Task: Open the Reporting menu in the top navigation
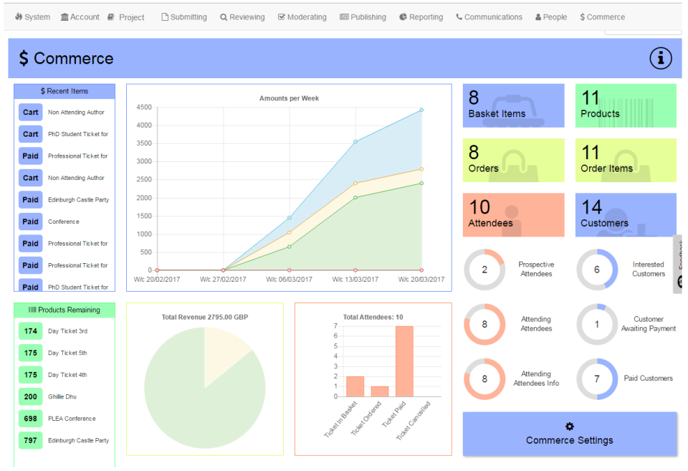[x=421, y=17]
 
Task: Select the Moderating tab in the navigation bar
[x=302, y=17]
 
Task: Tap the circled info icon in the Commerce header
[x=661, y=59]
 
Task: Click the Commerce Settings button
[x=570, y=434]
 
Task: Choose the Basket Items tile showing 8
[x=513, y=105]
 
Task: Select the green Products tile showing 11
[x=625, y=105]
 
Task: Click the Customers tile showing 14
[x=625, y=215]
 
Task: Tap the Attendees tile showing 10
[x=513, y=215]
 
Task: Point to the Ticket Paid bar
[x=404, y=361]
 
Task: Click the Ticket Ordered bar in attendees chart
[x=380, y=391]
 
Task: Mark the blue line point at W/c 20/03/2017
[x=421, y=110]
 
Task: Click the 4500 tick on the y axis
[x=143, y=108]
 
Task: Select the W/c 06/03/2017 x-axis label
[x=289, y=280]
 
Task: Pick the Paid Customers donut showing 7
[x=597, y=379]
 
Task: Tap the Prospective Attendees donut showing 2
[x=484, y=270]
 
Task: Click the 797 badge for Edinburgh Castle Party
[x=31, y=440]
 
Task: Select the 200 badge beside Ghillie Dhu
[x=31, y=396]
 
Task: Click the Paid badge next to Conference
[x=31, y=222]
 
